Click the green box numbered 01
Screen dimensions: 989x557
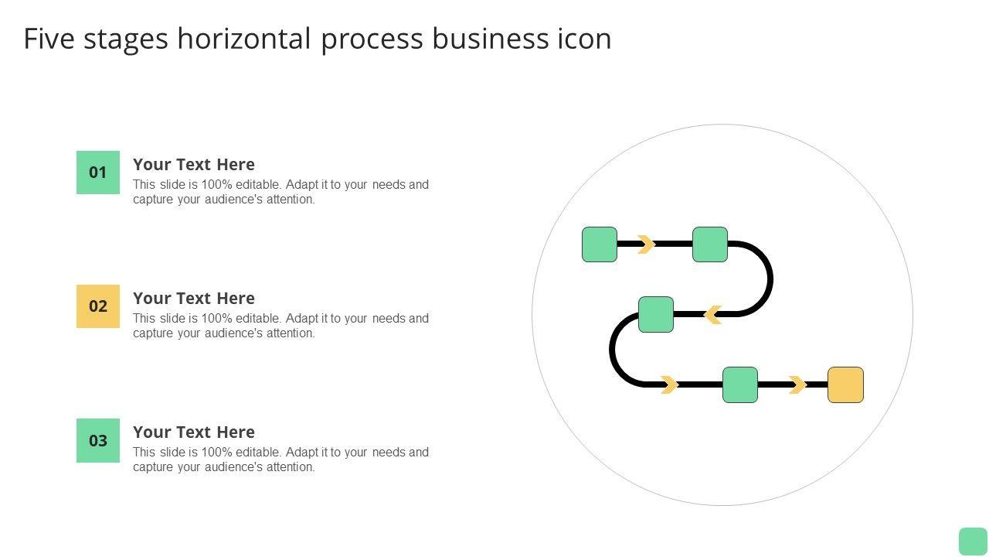coord(98,173)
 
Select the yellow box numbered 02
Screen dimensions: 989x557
coord(98,306)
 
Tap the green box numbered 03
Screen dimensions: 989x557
coord(98,440)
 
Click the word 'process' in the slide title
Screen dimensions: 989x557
coord(372,39)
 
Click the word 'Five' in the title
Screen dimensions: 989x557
coord(49,39)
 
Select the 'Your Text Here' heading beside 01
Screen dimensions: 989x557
coord(194,165)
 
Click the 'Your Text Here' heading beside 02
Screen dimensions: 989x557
coord(194,299)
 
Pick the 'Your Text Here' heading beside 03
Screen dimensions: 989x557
coord(194,432)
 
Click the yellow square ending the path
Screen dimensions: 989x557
coord(845,385)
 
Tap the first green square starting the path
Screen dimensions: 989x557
coord(600,244)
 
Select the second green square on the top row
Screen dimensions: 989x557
coord(710,244)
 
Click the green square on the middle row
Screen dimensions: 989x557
coord(656,315)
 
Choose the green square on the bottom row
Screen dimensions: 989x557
coord(740,385)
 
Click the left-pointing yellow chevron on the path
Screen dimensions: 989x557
coord(713,315)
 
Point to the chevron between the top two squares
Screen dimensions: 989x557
coord(646,244)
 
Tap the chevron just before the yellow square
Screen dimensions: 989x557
coord(797,385)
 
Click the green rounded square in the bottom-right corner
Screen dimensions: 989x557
coord(973,542)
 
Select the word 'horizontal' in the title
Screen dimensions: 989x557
coord(244,39)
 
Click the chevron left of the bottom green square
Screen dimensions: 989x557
coord(670,385)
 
